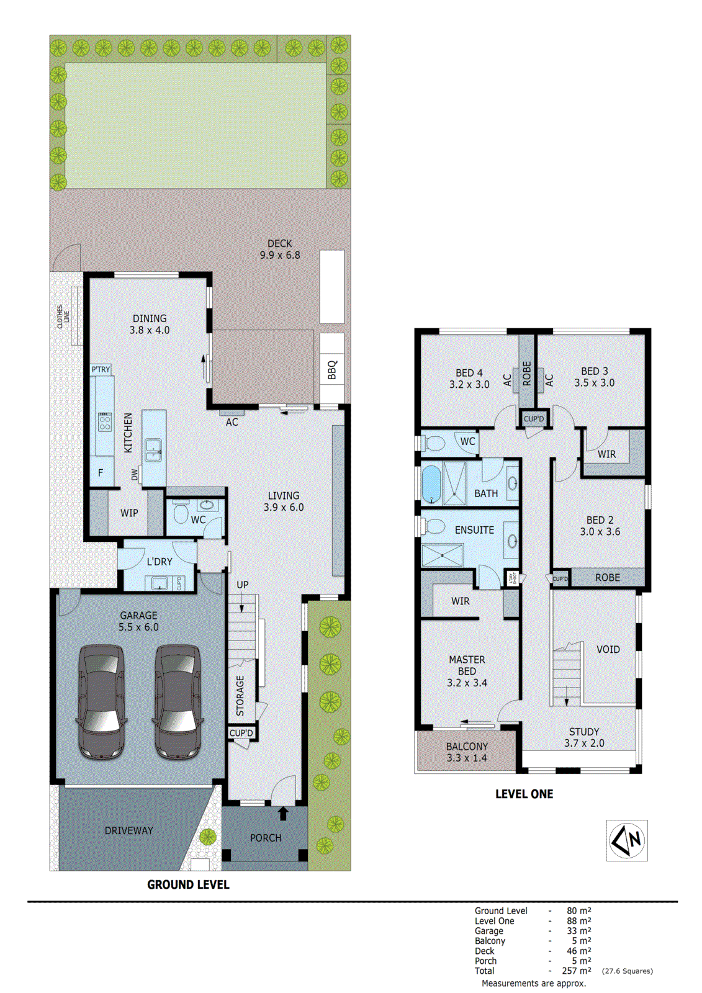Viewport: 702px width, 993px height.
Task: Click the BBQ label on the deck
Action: pyautogui.click(x=332, y=369)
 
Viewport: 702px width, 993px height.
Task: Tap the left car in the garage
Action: pyautogui.click(x=101, y=701)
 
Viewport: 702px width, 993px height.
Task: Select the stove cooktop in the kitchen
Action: pyautogui.click(x=105, y=423)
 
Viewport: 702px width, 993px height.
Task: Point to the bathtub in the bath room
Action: pyautogui.click(x=431, y=484)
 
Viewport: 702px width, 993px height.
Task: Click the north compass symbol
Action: pyautogui.click(x=627, y=840)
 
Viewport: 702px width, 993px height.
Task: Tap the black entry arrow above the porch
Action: pyautogui.click(x=283, y=812)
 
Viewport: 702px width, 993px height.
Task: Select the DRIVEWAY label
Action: pyautogui.click(x=128, y=830)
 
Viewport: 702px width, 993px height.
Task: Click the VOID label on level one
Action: pyautogui.click(x=608, y=649)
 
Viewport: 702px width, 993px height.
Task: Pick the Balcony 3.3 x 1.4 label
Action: pyautogui.click(x=467, y=752)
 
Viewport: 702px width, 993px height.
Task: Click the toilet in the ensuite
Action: pyautogui.click(x=434, y=527)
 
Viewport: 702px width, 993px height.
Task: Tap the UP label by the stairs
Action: pyautogui.click(x=242, y=585)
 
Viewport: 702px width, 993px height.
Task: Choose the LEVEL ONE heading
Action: pyautogui.click(x=524, y=794)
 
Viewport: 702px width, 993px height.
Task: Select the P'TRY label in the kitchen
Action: pyautogui.click(x=101, y=369)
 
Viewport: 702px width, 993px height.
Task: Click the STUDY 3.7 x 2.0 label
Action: pyautogui.click(x=584, y=737)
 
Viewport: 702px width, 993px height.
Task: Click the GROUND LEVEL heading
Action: pyautogui.click(x=188, y=884)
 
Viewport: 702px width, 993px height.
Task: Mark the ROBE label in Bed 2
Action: pyautogui.click(x=607, y=577)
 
